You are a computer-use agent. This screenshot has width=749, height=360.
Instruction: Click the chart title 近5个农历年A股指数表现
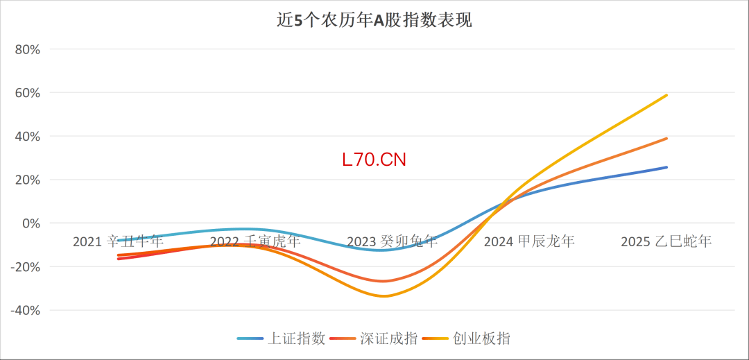(x=374, y=20)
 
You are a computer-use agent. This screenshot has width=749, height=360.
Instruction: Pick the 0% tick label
(x=31, y=223)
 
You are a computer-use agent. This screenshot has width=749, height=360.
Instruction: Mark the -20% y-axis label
(x=26, y=267)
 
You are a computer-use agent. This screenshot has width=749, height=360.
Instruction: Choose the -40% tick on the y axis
(x=26, y=310)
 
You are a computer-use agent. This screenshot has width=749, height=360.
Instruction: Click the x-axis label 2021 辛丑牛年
(x=118, y=241)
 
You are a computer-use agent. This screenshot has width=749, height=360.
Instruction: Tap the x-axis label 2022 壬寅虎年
(x=255, y=241)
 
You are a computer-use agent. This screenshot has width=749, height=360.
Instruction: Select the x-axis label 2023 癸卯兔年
(x=392, y=241)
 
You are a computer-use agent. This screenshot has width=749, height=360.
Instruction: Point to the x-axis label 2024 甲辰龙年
(x=529, y=241)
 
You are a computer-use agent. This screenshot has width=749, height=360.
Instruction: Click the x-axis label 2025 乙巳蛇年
(x=666, y=241)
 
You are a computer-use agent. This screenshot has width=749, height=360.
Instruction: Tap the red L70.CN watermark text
(x=374, y=160)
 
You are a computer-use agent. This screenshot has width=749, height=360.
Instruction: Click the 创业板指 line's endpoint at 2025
(x=666, y=95)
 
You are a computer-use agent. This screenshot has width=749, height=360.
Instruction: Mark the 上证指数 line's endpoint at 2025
(x=666, y=167)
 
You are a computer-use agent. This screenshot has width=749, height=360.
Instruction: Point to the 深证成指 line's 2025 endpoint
(x=666, y=138)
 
